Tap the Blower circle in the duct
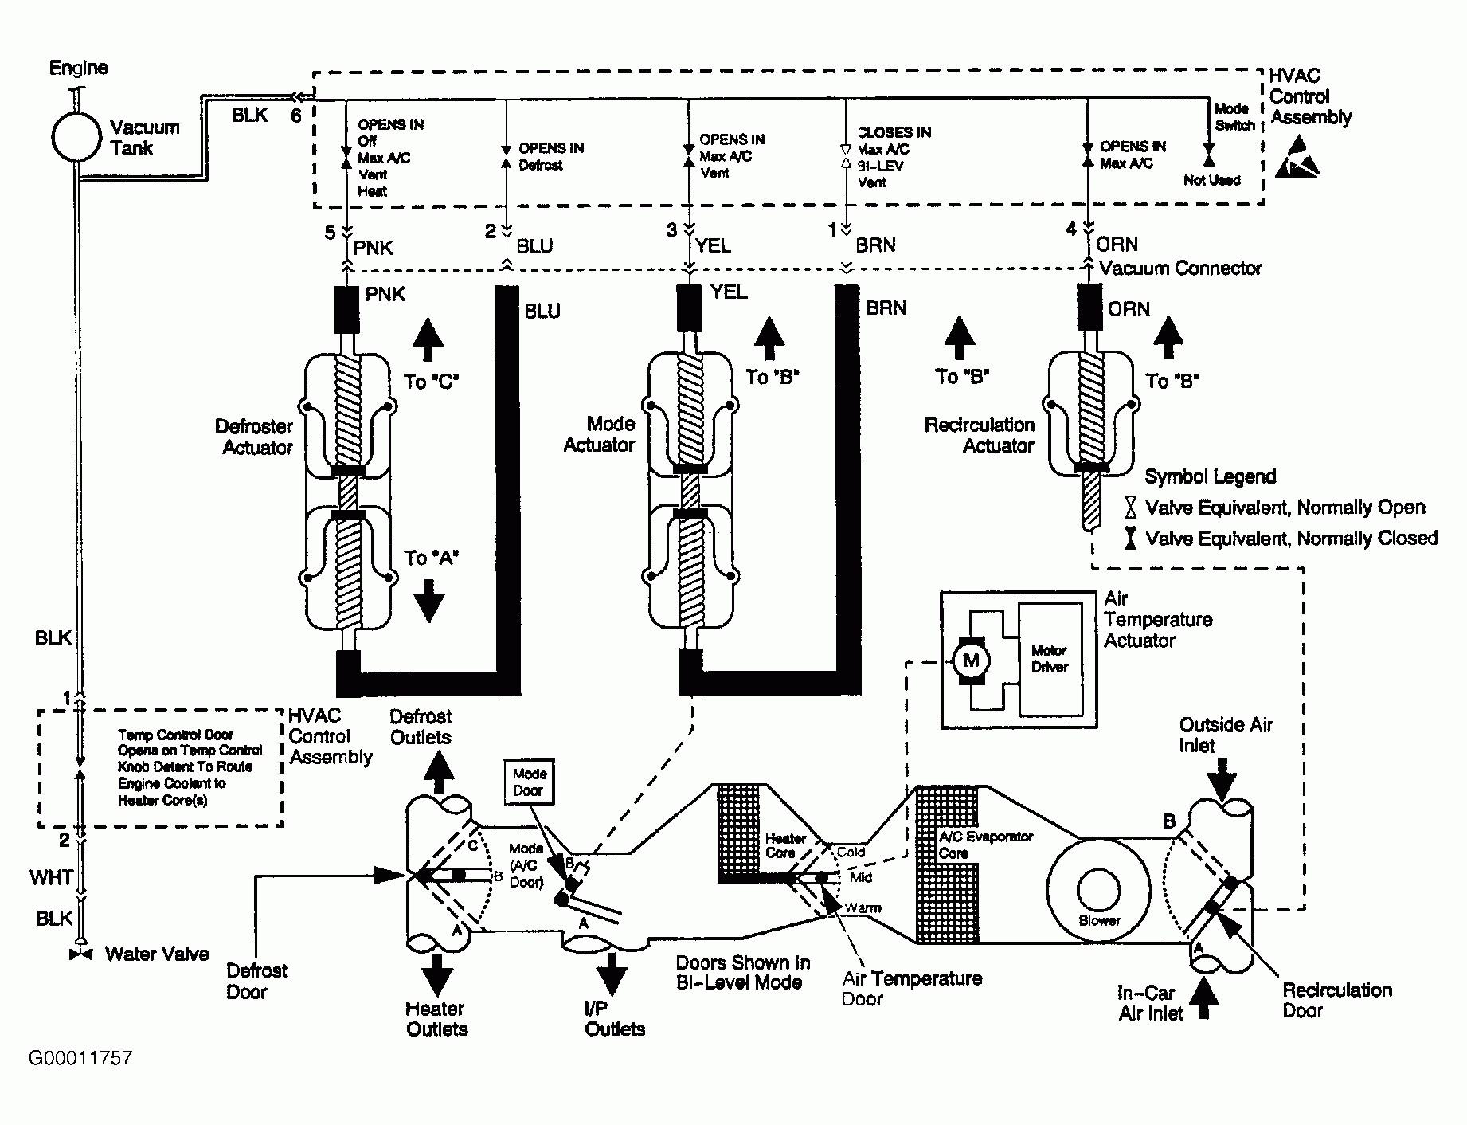pyautogui.click(x=1098, y=888)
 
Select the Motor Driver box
pyautogui.click(x=1050, y=659)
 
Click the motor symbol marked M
pyautogui.click(x=971, y=660)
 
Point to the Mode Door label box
pyautogui.click(x=529, y=782)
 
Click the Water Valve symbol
pyautogui.click(x=81, y=954)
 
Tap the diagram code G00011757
pyautogui.click(x=80, y=1058)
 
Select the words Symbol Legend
pyautogui.click(x=1210, y=476)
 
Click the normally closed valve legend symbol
pyautogui.click(x=1130, y=538)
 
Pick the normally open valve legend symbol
pyautogui.click(x=1130, y=507)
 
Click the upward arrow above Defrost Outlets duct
pyautogui.click(x=438, y=772)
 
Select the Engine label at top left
pyautogui.click(x=79, y=68)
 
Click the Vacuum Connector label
pyautogui.click(x=1180, y=269)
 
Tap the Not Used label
pyautogui.click(x=1211, y=180)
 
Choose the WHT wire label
pyautogui.click(x=52, y=877)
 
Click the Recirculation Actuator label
pyautogui.click(x=980, y=435)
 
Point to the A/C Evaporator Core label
pyautogui.click(x=986, y=845)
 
